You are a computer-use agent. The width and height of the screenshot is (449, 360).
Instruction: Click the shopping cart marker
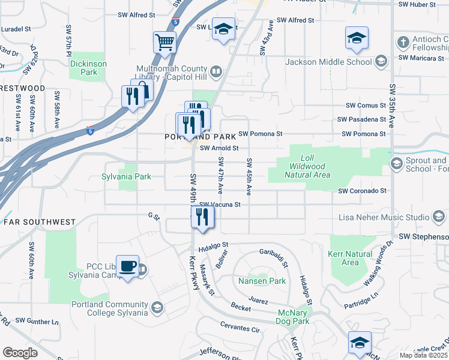[x=164, y=42]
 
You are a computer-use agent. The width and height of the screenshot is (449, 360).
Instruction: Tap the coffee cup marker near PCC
[x=127, y=266]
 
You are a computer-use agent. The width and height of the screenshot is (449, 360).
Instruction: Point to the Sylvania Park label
[x=126, y=177]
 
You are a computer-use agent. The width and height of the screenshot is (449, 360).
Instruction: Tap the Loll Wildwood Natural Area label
[x=310, y=166]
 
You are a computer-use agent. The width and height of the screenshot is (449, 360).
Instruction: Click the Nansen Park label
[x=262, y=281]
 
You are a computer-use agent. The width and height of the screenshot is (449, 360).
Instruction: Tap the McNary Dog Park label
[x=294, y=317]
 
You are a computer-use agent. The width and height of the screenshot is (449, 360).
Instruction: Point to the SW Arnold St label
[x=220, y=148]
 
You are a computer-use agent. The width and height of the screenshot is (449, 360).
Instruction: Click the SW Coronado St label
[x=362, y=191]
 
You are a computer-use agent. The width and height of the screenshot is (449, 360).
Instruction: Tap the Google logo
[x=20, y=353]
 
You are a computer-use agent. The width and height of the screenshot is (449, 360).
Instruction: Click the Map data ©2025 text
[x=423, y=355]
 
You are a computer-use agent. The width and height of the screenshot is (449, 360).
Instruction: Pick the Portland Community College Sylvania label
[x=109, y=308]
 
